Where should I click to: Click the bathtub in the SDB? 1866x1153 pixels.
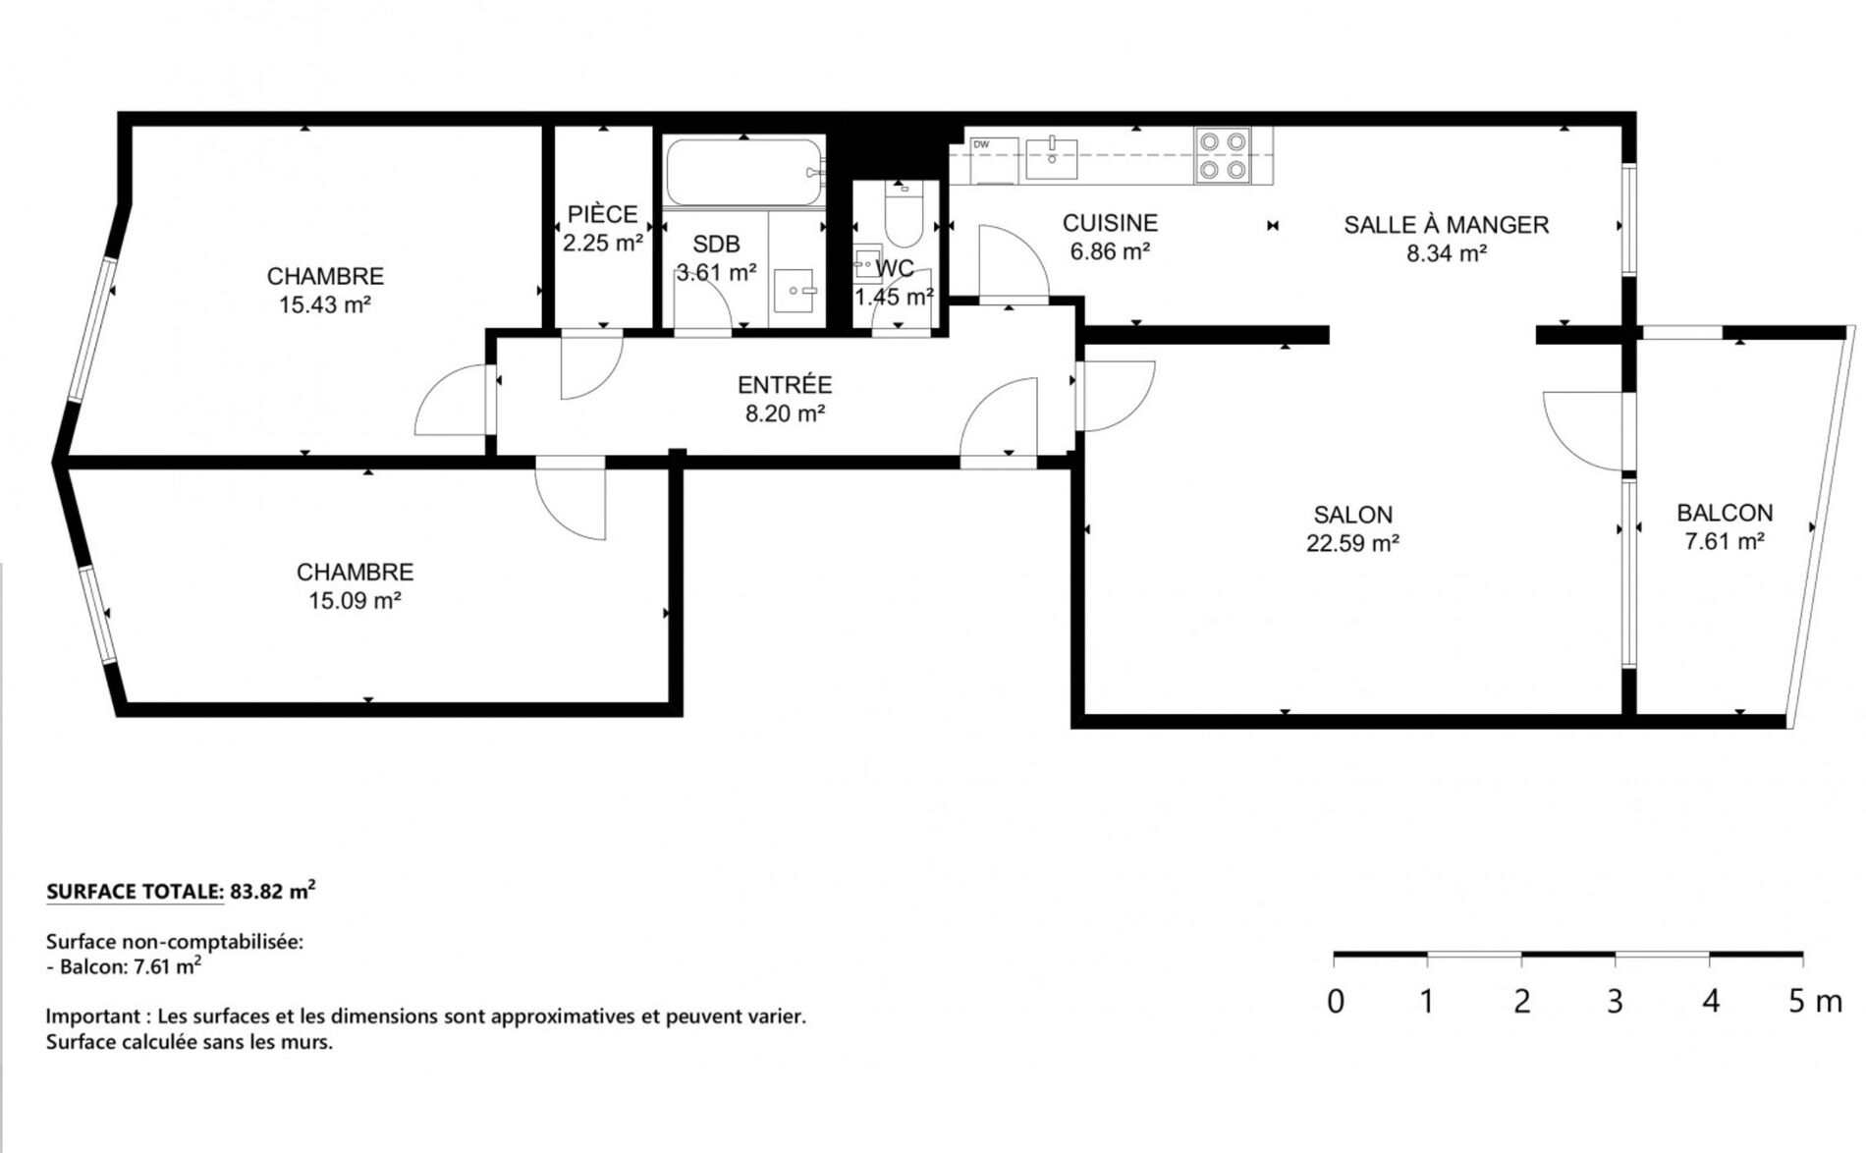(745, 173)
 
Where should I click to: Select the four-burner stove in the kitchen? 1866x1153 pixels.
(1223, 156)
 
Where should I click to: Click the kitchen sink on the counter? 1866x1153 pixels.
(1051, 158)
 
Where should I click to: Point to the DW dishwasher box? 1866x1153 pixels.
(993, 160)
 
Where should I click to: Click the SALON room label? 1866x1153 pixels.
(1352, 515)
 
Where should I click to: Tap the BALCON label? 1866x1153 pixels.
(1725, 513)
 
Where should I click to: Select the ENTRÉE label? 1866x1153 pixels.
(785, 385)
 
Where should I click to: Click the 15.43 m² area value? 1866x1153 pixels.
(325, 305)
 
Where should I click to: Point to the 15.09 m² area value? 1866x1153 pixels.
(355, 601)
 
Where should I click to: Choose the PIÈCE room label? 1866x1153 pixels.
(602, 214)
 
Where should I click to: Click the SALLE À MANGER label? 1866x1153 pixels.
(1446, 225)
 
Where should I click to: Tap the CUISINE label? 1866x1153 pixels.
(1110, 224)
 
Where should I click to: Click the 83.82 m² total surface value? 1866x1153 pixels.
(272, 891)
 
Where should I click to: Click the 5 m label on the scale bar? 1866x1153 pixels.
(1815, 1002)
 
